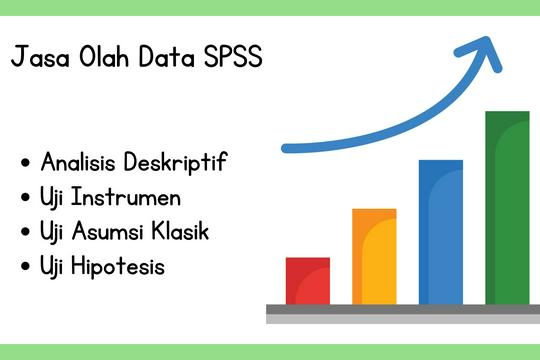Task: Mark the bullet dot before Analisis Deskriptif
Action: [x=24, y=163]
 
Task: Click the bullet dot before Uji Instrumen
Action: [x=24, y=198]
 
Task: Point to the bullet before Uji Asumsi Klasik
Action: [x=24, y=233]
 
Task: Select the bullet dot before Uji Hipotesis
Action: [x=24, y=268]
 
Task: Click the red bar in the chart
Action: [x=307, y=281]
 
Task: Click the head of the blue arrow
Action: [x=487, y=52]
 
